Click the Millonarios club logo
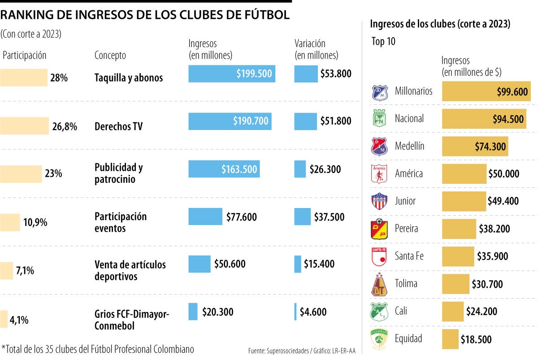tap(379, 91)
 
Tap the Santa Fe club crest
tap(379, 256)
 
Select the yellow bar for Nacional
tap(484, 119)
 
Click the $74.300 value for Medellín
tap(490, 146)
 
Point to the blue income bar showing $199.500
tap(232, 74)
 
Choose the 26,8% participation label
tap(65, 126)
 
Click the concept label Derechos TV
tap(118, 126)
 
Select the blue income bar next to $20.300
tap(193, 312)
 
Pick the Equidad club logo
tap(379, 339)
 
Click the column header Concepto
tap(110, 56)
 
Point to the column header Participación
tap(25, 56)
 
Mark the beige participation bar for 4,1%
tap(4, 319)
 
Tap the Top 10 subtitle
tap(384, 42)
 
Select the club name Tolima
tap(406, 283)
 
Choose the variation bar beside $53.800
tap(306, 74)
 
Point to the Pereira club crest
tap(379, 229)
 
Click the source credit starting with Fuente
tap(302, 351)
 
